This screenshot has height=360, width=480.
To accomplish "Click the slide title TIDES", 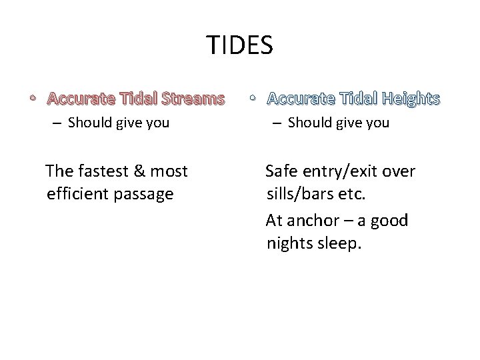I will point(239,45).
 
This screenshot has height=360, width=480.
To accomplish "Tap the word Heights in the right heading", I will point(409,99).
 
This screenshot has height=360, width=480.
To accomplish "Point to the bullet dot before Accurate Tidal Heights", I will point(252,99).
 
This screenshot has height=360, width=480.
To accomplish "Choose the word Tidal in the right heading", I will point(355,99).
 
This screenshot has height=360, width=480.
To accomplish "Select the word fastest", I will point(103,171).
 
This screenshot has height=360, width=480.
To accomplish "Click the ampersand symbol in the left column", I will point(139,171).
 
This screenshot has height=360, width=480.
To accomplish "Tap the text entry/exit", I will point(343,172).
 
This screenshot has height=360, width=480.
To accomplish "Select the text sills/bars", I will point(299,194).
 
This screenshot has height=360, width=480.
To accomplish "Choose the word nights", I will point(288,243).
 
